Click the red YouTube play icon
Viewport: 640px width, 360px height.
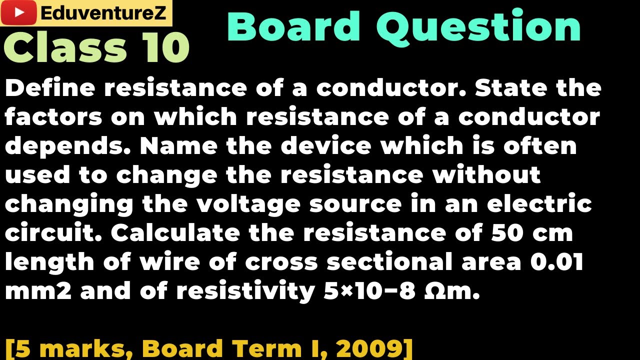(19, 13)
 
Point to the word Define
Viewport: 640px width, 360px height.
(50, 88)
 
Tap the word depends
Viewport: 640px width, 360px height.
(68, 146)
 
